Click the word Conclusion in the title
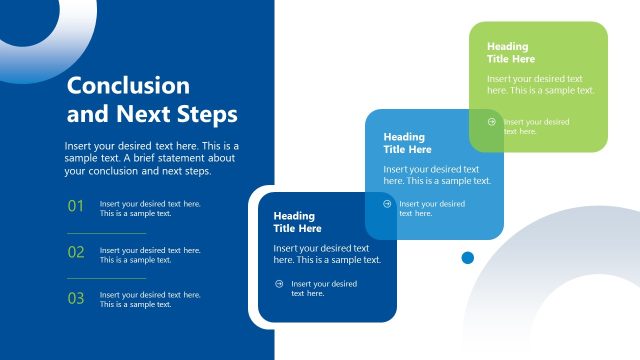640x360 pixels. (128, 86)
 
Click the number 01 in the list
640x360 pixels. (76, 207)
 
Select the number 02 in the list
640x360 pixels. (76, 253)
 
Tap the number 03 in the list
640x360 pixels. (76, 298)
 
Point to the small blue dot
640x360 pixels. (467, 258)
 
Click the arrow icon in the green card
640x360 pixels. (491, 123)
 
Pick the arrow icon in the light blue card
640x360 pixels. (387, 204)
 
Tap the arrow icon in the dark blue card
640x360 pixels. (278, 284)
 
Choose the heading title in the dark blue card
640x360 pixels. (295, 222)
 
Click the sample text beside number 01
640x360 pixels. (150, 208)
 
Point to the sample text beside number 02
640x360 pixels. (150, 254)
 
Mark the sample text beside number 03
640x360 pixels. (150, 299)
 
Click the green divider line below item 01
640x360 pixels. (106, 233)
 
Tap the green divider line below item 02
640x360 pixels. (106, 278)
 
